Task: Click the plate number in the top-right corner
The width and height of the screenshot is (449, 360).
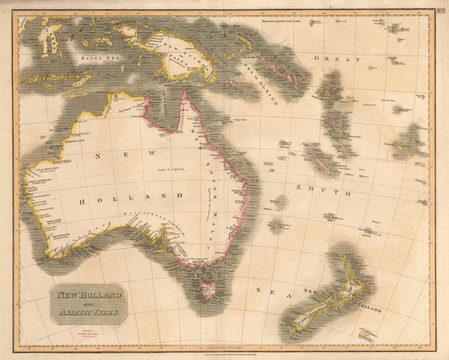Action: point(439,9)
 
